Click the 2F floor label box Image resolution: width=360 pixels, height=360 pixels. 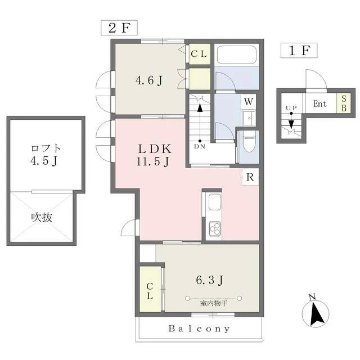click(119, 28)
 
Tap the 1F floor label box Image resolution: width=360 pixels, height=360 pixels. click(299, 50)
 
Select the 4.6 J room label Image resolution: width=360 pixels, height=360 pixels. click(149, 80)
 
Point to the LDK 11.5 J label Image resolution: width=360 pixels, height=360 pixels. click(154, 155)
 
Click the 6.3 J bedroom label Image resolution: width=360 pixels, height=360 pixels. click(209, 280)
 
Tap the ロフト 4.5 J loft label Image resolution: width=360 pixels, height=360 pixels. click(46, 155)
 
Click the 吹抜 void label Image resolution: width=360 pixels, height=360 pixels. click(42, 217)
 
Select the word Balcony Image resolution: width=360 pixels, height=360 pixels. click(199, 328)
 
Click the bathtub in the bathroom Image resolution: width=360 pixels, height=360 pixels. click(236, 55)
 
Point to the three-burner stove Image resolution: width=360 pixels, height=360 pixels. click(215, 229)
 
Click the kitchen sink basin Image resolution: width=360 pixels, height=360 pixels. click(215, 202)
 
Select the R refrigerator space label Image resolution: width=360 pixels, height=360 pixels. click(250, 177)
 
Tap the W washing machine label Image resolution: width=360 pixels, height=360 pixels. click(249, 101)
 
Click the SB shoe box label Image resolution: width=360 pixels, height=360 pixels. click(344, 103)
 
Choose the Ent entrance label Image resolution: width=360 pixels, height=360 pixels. click(320, 103)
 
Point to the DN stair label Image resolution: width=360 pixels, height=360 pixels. click(200, 146)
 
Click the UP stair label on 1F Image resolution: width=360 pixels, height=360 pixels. click(291, 108)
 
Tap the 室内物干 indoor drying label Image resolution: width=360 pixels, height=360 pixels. click(214, 303)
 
